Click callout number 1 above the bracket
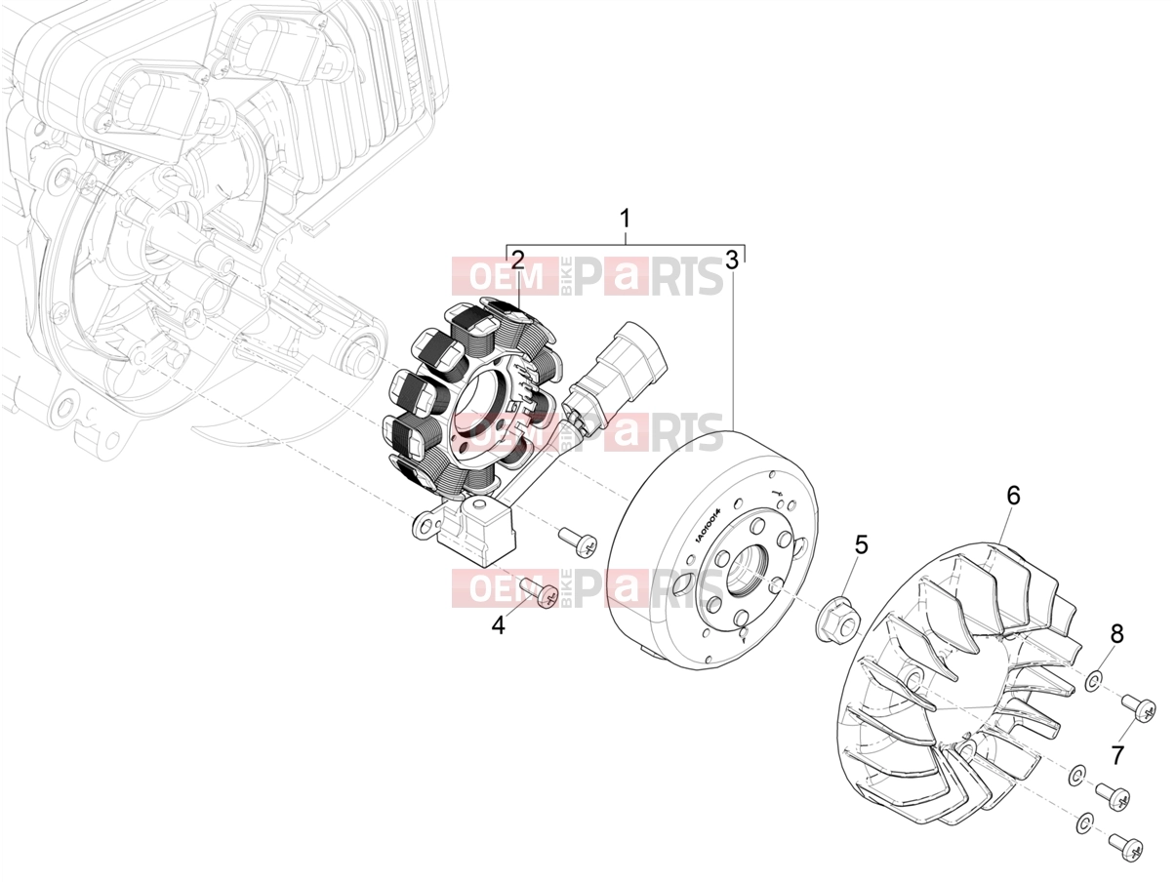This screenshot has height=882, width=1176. pos(625,219)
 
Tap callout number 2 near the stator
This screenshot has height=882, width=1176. pos(517,260)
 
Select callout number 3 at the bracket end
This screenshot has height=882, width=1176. pos(731,260)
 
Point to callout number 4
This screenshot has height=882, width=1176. pos(499,625)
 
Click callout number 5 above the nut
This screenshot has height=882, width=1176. pos(861,544)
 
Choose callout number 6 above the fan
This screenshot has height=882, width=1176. pos(1013,496)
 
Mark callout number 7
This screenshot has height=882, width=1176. pos(1117,755)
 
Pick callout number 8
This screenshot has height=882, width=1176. pos(1117,634)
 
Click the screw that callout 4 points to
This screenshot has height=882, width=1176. pos(539,592)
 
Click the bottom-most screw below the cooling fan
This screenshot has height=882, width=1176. pos(1125,846)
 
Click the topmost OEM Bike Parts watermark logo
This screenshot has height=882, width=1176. pos(588,276)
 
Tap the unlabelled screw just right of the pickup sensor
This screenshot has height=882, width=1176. pos(578,541)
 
